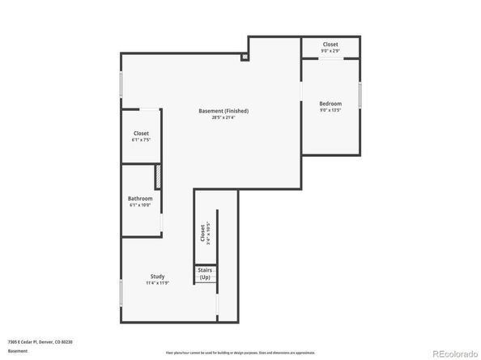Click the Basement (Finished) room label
223,111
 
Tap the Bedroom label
330,104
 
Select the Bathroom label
140,199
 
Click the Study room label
157,277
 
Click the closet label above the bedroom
330,44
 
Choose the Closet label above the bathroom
141,133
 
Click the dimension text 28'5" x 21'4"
223,118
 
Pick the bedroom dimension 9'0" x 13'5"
330,111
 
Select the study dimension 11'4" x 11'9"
157,284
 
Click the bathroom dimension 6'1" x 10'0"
140,206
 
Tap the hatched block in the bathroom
159,177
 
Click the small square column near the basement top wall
245,57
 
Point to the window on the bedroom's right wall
361,95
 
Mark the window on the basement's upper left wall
121,84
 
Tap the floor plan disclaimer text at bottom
240,354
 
